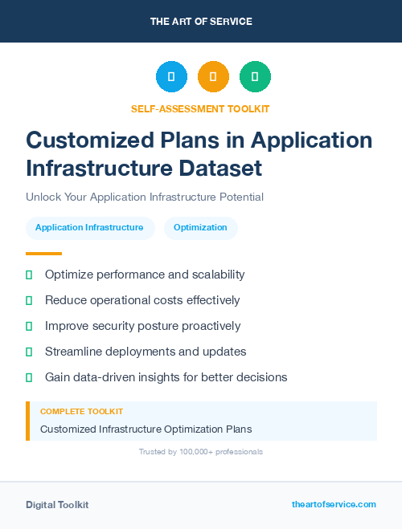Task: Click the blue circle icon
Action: coord(171,77)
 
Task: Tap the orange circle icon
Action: coord(213,77)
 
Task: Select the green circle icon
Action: coord(255,77)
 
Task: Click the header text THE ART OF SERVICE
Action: coord(201,22)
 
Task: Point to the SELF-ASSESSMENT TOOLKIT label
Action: coord(200,108)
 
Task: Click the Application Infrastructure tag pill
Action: coord(89,228)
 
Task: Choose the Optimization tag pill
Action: coord(201,228)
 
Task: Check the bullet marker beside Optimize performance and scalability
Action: coord(29,275)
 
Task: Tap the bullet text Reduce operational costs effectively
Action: coord(142,300)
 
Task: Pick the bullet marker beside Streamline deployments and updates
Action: coord(29,352)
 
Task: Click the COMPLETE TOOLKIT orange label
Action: coord(81,411)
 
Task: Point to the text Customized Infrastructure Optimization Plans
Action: coord(146,429)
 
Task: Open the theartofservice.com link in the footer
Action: coord(334,504)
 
